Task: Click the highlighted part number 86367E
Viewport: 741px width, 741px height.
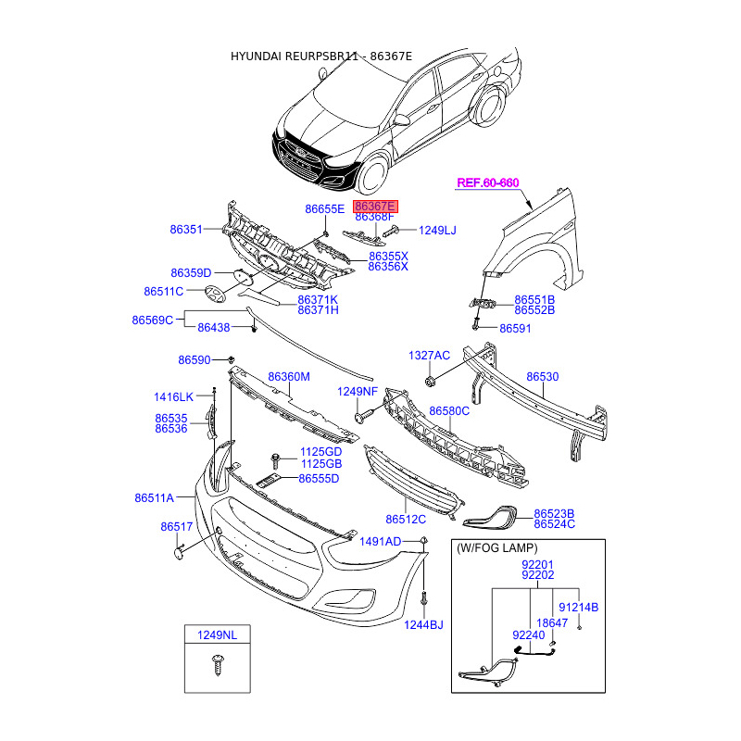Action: coord(375,207)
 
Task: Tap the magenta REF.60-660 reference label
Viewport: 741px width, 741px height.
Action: coord(488,182)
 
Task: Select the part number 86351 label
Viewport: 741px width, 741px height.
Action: coord(186,229)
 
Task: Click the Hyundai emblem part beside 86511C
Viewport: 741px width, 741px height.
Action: coord(215,294)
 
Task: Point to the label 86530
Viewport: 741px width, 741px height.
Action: coord(543,377)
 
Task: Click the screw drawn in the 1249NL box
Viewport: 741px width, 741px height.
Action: coord(218,664)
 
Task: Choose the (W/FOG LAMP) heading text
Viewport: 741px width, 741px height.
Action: coord(497,548)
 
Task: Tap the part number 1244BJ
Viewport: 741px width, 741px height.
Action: coord(423,624)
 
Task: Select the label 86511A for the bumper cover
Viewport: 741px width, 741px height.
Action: coord(154,497)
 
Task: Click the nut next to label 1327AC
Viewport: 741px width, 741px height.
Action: coord(430,381)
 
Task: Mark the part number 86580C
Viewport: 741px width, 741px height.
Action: coord(449,411)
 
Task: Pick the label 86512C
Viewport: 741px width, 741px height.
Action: coord(406,520)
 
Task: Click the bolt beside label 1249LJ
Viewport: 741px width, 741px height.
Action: coord(391,231)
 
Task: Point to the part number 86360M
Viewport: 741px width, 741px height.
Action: coord(289,377)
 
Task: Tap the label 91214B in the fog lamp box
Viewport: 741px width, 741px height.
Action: coord(578,608)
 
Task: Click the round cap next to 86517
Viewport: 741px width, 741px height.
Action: coord(179,553)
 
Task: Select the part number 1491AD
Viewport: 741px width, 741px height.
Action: coord(380,542)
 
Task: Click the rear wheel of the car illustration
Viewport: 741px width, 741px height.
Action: coord(490,106)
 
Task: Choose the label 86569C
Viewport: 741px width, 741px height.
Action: coord(152,320)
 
